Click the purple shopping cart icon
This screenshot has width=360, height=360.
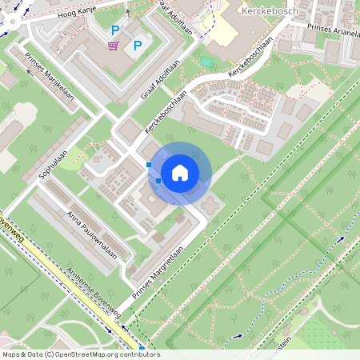(x=114, y=45)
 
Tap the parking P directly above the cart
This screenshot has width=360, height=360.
(x=115, y=30)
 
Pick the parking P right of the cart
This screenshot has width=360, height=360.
(x=137, y=46)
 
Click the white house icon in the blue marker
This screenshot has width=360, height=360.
(x=179, y=173)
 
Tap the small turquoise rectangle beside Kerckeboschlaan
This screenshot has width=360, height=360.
(x=207, y=62)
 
